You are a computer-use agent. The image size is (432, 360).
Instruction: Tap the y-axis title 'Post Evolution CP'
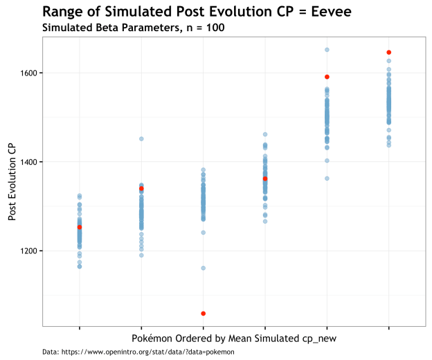pos(12,181)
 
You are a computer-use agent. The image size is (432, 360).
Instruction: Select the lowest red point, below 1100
pos(203,314)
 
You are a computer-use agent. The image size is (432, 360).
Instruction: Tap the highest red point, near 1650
pos(389,53)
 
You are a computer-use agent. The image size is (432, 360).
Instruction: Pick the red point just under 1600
pos(327,77)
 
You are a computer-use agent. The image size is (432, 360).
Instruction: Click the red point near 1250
pos(80,227)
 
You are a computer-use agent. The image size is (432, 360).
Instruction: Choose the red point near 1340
pos(141,188)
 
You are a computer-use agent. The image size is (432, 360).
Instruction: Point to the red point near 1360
pos(265,179)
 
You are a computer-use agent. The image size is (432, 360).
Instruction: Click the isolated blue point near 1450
pos(141,139)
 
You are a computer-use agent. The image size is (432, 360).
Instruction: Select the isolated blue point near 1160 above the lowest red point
pos(203,268)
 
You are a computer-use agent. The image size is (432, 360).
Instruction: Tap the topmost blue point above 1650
pos(327,50)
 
